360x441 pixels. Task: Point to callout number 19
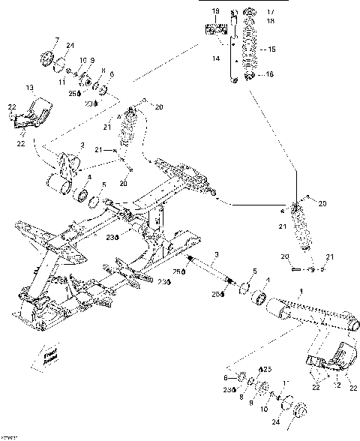click(x=216, y=12)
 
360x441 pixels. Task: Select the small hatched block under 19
click(x=216, y=30)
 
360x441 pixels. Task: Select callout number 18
click(x=271, y=21)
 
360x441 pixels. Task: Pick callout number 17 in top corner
click(x=271, y=12)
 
